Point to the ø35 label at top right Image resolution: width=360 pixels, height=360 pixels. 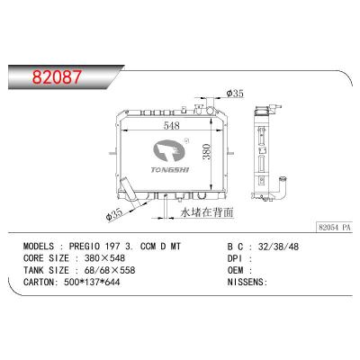pos(236,94)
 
